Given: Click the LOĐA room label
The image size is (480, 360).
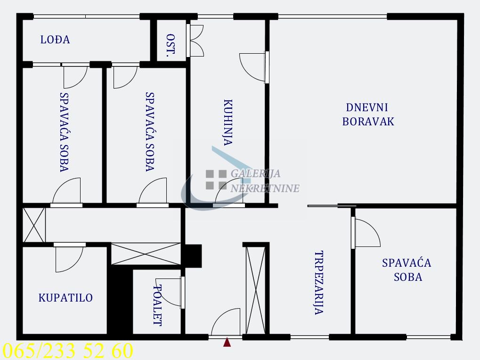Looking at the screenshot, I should (x=55, y=40).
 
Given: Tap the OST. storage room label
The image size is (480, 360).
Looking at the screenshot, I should (x=171, y=46).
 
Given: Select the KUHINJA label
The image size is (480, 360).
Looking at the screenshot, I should (x=228, y=123).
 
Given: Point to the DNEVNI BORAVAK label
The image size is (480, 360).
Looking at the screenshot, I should (x=368, y=115).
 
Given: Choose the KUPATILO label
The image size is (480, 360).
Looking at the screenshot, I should (x=65, y=298).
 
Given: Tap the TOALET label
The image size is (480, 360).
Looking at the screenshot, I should (x=158, y=306).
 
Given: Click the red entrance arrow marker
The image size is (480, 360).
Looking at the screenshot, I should (x=227, y=343).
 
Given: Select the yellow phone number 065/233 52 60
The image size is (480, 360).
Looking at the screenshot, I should (x=68, y=351).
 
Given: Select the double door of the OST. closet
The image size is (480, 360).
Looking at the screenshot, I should (x=195, y=40).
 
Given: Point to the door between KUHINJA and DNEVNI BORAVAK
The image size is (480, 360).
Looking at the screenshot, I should (x=254, y=67).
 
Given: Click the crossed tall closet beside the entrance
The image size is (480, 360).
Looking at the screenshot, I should (x=256, y=290).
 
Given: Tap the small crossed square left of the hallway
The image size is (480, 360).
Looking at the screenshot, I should (x=34, y=225).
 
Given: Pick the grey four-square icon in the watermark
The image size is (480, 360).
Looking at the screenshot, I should (x=216, y=180).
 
